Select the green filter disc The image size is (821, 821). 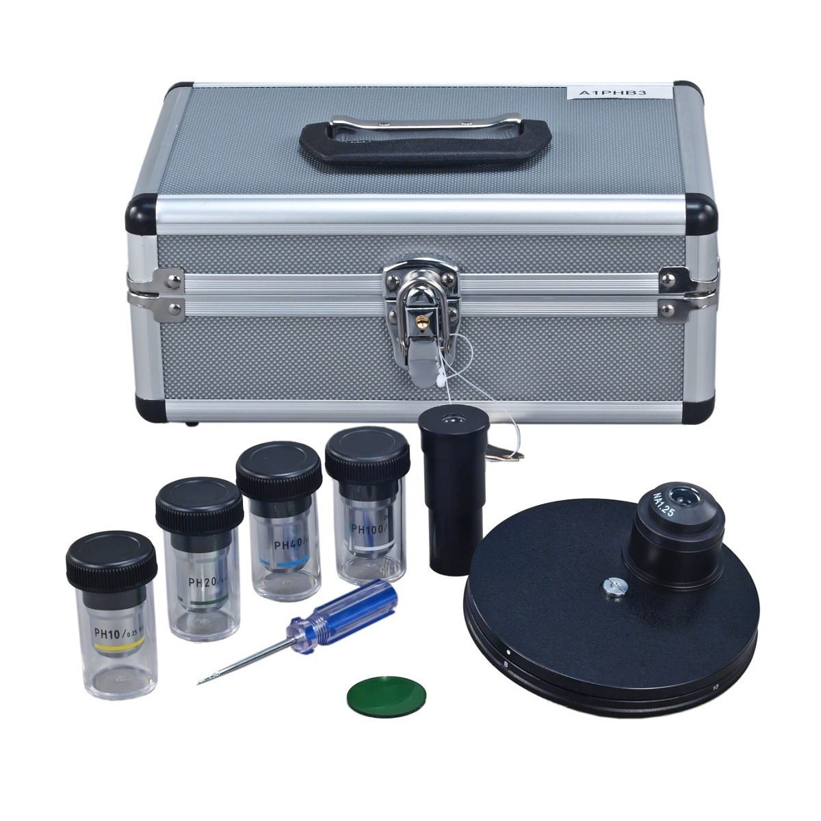pos(386,696)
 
